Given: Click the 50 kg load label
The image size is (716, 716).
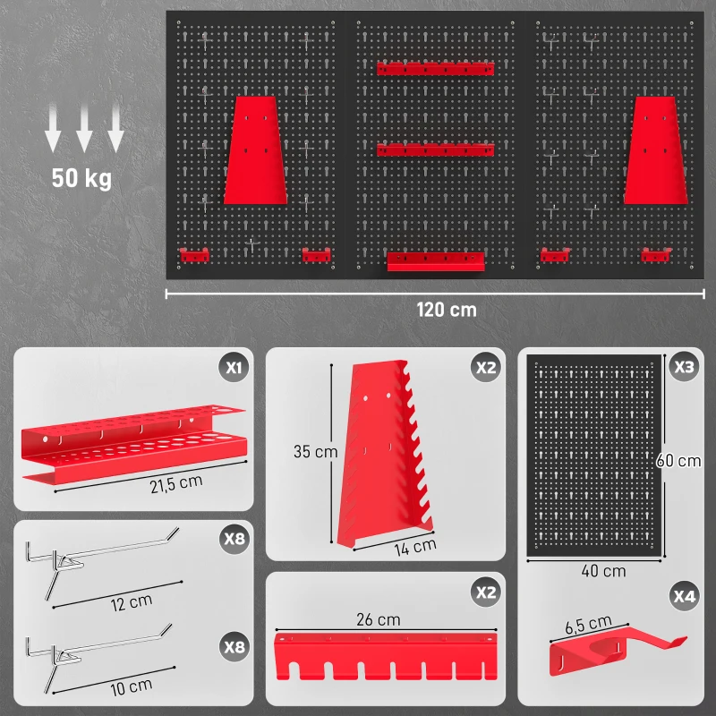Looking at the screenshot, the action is coord(81,178).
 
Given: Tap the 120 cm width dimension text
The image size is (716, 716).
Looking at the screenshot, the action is coord(447,310).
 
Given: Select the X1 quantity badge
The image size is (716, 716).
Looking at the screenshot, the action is coord(234,367).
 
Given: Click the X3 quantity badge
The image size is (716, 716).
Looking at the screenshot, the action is coord(684,367).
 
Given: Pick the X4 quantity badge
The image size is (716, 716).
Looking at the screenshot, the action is coord(684,596).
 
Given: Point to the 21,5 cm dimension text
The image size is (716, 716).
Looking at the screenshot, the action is coord(176,484).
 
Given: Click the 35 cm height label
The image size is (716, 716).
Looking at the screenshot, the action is coord(316,452).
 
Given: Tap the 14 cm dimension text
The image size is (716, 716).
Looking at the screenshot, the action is coord(415,547).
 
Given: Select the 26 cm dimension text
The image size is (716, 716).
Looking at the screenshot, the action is coord(379,619).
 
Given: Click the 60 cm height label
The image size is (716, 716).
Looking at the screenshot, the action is coord(678,461).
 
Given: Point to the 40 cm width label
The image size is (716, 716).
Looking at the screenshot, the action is coord(603,571).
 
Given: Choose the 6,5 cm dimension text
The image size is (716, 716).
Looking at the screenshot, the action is coord(588,624).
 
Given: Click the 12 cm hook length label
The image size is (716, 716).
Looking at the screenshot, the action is coord(132,602).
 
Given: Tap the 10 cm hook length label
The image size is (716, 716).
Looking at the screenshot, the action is coord(131,687).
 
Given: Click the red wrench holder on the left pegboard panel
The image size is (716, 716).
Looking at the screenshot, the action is coord(256,150).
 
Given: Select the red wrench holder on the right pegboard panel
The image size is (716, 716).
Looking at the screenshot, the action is coord(656,150).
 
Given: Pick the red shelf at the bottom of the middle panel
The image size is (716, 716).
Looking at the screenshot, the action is coord(436,261).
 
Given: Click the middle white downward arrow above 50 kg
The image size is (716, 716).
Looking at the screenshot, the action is coord(84,127).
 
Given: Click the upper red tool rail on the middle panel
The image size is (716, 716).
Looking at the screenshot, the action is coord(435,69).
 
